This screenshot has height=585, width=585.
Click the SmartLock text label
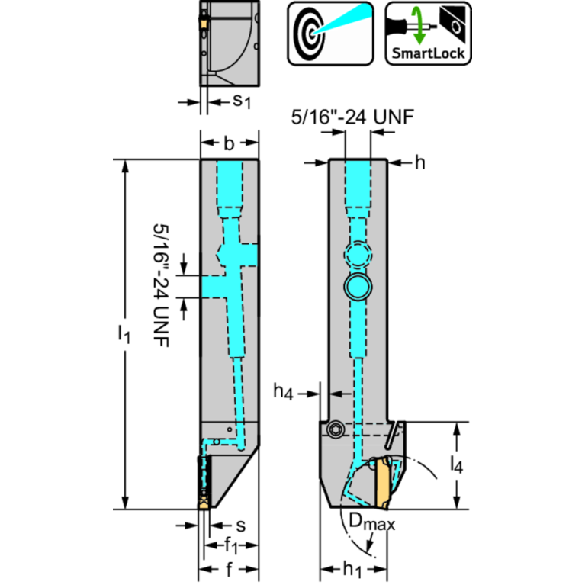click(428, 54)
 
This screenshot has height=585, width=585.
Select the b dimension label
click(230, 143)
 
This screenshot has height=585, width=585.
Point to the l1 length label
click(125, 333)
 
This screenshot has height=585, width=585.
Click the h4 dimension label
click(284, 393)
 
